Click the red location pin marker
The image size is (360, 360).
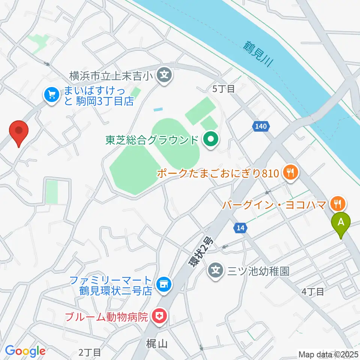pyautogui.click(x=19, y=132)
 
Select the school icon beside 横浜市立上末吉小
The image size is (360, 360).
pyautogui.click(x=164, y=75)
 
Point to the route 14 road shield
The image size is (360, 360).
pyautogui.click(x=240, y=227)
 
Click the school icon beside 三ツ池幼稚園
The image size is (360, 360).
pyautogui.click(x=216, y=270)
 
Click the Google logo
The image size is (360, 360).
pyautogui.click(x=25, y=351)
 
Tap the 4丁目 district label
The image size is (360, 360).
pyautogui.click(x=313, y=291)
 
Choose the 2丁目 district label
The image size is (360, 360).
pyautogui.click(x=90, y=352)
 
